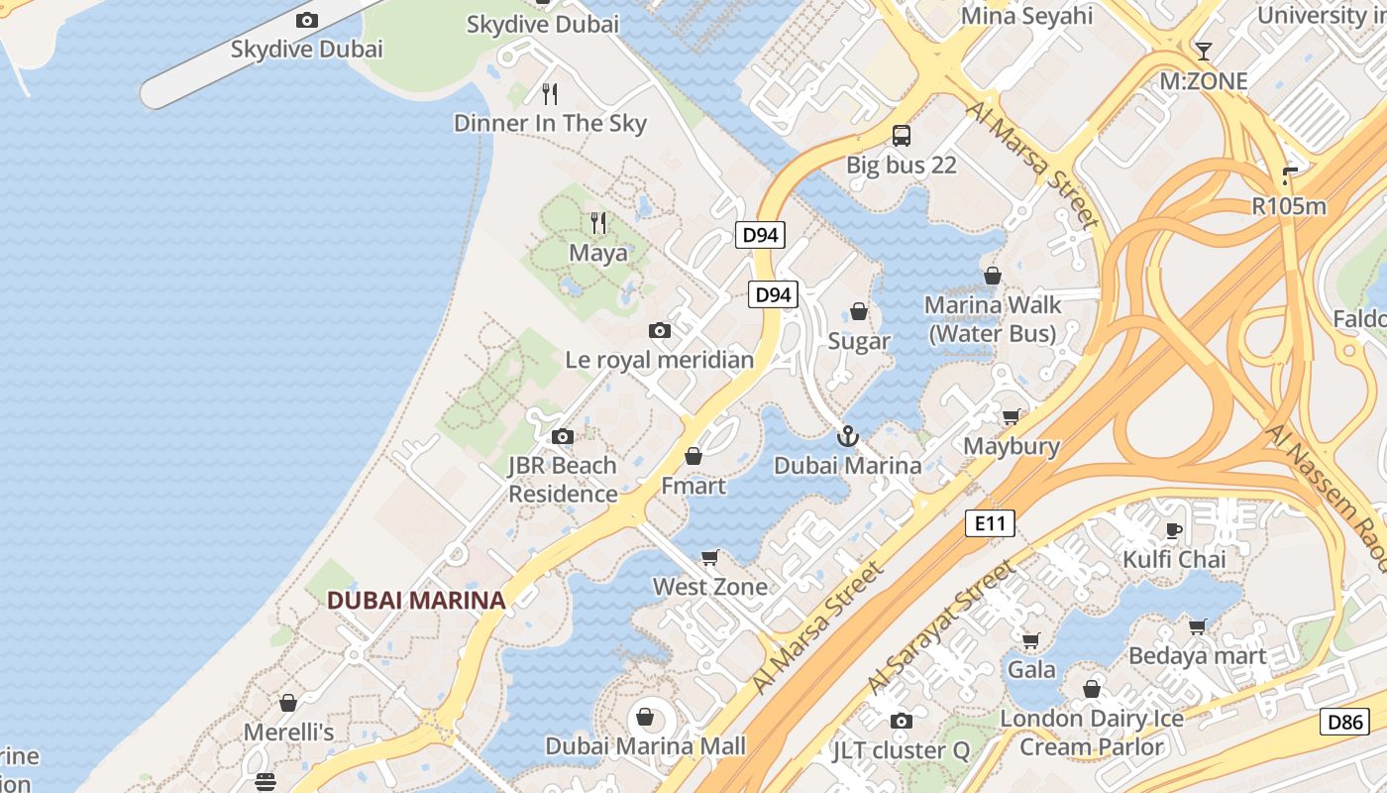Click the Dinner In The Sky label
(550, 123)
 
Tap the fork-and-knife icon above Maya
(597, 222)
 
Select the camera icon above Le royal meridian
(660, 330)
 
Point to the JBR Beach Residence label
(563, 479)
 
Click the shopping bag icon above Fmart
(693, 456)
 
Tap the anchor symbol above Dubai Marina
(847, 435)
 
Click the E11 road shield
(990, 522)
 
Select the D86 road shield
(1344, 721)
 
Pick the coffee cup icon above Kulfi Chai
(1174, 529)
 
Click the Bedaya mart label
(1197, 655)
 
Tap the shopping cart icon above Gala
(1030, 640)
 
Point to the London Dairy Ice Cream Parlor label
(1092, 732)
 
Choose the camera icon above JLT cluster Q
(901, 721)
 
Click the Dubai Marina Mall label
(645, 744)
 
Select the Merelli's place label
(288, 733)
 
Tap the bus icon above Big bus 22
(901, 135)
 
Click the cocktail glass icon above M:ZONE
(1203, 51)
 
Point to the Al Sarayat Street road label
(941, 626)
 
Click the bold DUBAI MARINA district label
(416, 600)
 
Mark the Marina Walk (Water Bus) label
(993, 318)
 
